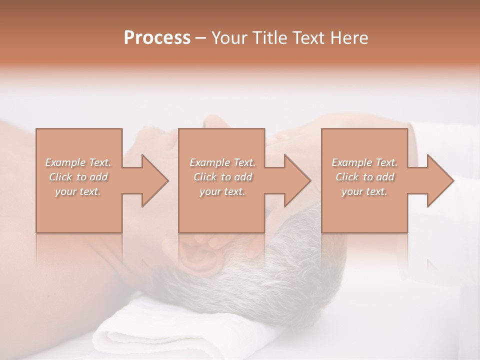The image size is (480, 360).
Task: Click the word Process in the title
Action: tap(157, 38)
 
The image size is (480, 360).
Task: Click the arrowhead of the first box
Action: tap(154, 180)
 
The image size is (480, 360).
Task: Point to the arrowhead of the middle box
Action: tap(297, 180)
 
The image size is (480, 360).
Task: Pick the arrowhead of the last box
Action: tap(440, 180)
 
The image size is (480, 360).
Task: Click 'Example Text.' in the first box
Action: tap(78, 162)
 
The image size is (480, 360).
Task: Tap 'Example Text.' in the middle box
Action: tap(222, 162)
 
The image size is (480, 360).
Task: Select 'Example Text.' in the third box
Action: tap(364, 162)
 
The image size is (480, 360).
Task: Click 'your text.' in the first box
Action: tap(78, 191)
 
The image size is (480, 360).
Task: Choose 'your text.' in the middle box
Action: tap(222, 191)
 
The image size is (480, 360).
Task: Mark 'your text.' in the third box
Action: tap(364, 191)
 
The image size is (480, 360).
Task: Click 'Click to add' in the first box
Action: tap(78, 177)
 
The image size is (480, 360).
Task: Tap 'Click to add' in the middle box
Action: tap(222, 177)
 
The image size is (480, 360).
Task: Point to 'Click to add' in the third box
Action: tap(364, 177)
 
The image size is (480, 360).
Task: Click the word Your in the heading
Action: tap(228, 38)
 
